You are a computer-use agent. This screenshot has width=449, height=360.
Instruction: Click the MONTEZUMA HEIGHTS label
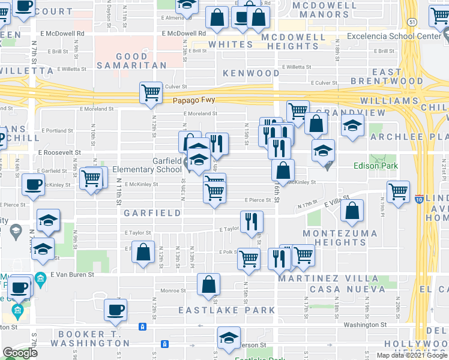click(x=340, y=238)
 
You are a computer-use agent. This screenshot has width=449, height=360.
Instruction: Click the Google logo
click(x=20, y=353)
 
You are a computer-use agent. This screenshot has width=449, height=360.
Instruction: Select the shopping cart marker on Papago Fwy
click(x=151, y=93)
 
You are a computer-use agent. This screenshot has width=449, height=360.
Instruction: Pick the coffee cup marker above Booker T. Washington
click(x=115, y=310)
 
